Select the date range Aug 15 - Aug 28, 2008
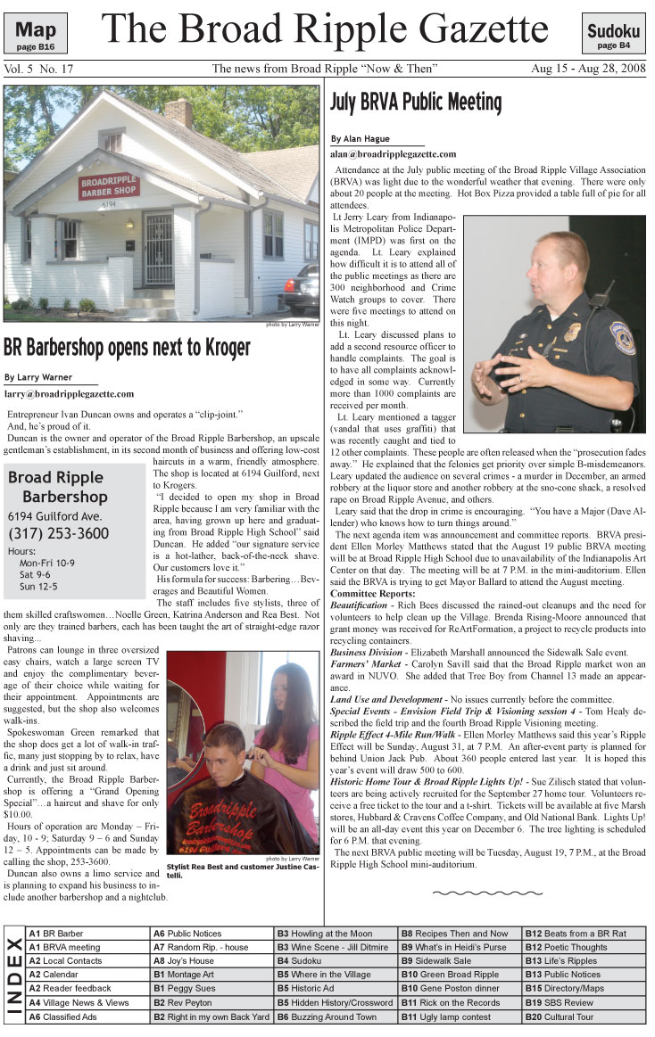pyautogui.click(x=587, y=69)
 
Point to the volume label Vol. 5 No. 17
pyautogui.click(x=38, y=69)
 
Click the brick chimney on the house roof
pyautogui.click(x=178, y=113)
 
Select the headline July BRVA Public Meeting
pyautogui.click(x=416, y=101)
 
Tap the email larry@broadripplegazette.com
pyautogui.click(x=69, y=393)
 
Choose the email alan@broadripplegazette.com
pyautogui.click(x=393, y=153)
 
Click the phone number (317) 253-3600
pyautogui.click(x=59, y=534)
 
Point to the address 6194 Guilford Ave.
pyautogui.click(x=54, y=516)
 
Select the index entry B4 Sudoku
pyautogui.click(x=305, y=962)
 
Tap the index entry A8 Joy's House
pyautogui.click(x=184, y=962)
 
